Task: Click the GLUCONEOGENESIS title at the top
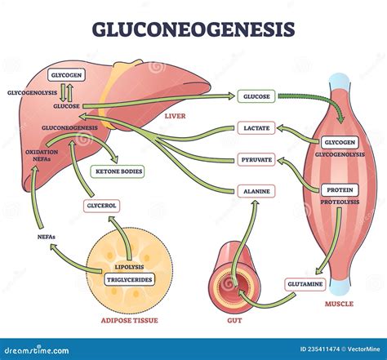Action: tap(193, 29)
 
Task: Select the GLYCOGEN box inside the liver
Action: tap(66, 75)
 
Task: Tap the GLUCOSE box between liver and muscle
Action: tap(256, 96)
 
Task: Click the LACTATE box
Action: tap(256, 128)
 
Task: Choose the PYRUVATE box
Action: tap(256, 159)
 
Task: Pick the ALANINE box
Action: tap(256, 191)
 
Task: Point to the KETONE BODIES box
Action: tap(118, 171)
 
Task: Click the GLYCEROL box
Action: tap(101, 206)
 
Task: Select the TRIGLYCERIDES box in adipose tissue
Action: tap(129, 279)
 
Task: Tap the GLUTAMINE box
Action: tap(305, 284)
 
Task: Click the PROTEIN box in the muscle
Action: tap(340, 190)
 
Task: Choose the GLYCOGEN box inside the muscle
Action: tap(340, 142)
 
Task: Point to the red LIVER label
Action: tap(175, 116)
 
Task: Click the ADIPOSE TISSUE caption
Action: tap(129, 320)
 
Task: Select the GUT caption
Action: tap(234, 321)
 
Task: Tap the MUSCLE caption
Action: tap(339, 304)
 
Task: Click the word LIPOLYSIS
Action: tap(129, 267)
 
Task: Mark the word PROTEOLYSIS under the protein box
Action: tap(340, 202)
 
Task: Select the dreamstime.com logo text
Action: tap(37, 350)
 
